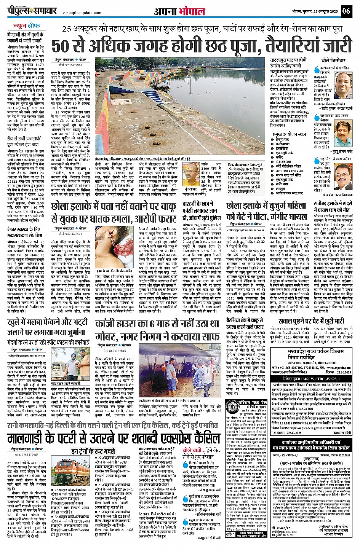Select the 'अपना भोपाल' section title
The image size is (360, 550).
[179, 11]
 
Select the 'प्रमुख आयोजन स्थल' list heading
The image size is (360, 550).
[289, 134]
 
